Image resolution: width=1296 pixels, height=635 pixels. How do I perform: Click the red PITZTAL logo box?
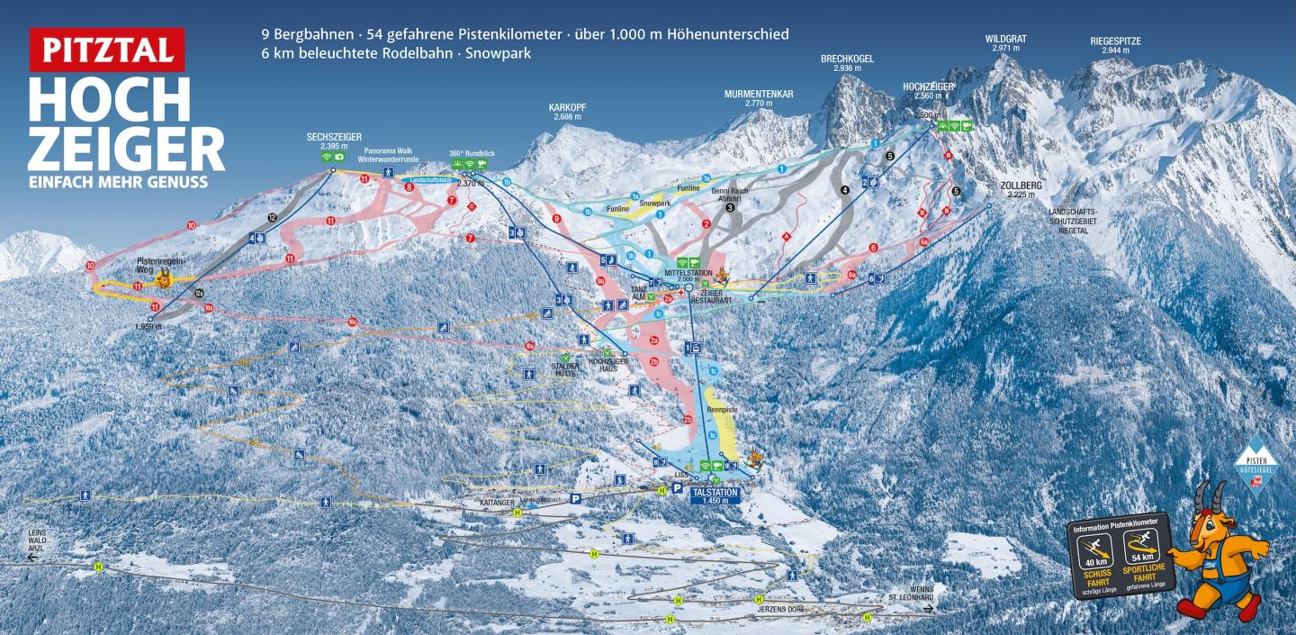tap(106, 50)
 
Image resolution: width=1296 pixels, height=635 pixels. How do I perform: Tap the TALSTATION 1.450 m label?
tap(715, 496)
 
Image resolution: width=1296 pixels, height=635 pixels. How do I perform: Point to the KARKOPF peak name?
tap(567, 111)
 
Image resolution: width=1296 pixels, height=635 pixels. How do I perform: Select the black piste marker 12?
tap(273, 218)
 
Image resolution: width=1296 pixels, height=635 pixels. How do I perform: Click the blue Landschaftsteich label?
tap(429, 179)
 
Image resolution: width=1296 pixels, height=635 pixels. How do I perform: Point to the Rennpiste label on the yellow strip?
tap(722, 410)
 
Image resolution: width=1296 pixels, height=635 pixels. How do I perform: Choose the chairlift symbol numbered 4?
tap(256, 239)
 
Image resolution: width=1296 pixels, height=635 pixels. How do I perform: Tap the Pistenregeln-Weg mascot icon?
tap(165, 279)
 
